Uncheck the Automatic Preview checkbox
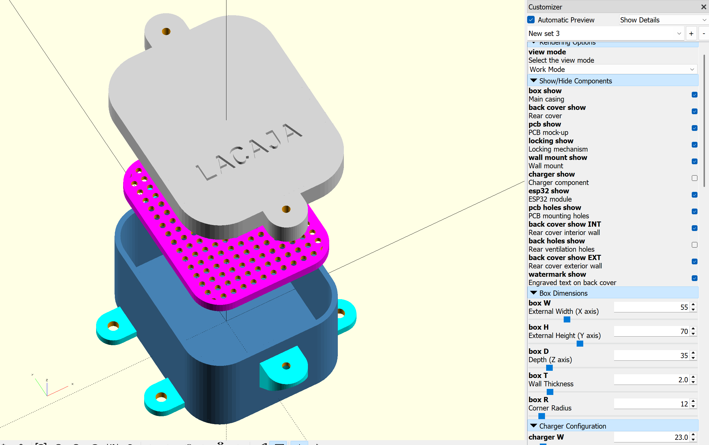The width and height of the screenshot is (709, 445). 531,20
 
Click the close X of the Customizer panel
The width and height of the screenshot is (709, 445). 704,7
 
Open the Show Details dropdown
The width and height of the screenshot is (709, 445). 663,20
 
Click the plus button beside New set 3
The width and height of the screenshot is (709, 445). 691,34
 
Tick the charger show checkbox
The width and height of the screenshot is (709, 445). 694,178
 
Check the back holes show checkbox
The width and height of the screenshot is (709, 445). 694,245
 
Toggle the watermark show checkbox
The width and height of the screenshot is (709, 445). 694,278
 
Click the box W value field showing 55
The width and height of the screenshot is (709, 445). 651,307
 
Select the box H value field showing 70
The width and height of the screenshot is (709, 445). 651,331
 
